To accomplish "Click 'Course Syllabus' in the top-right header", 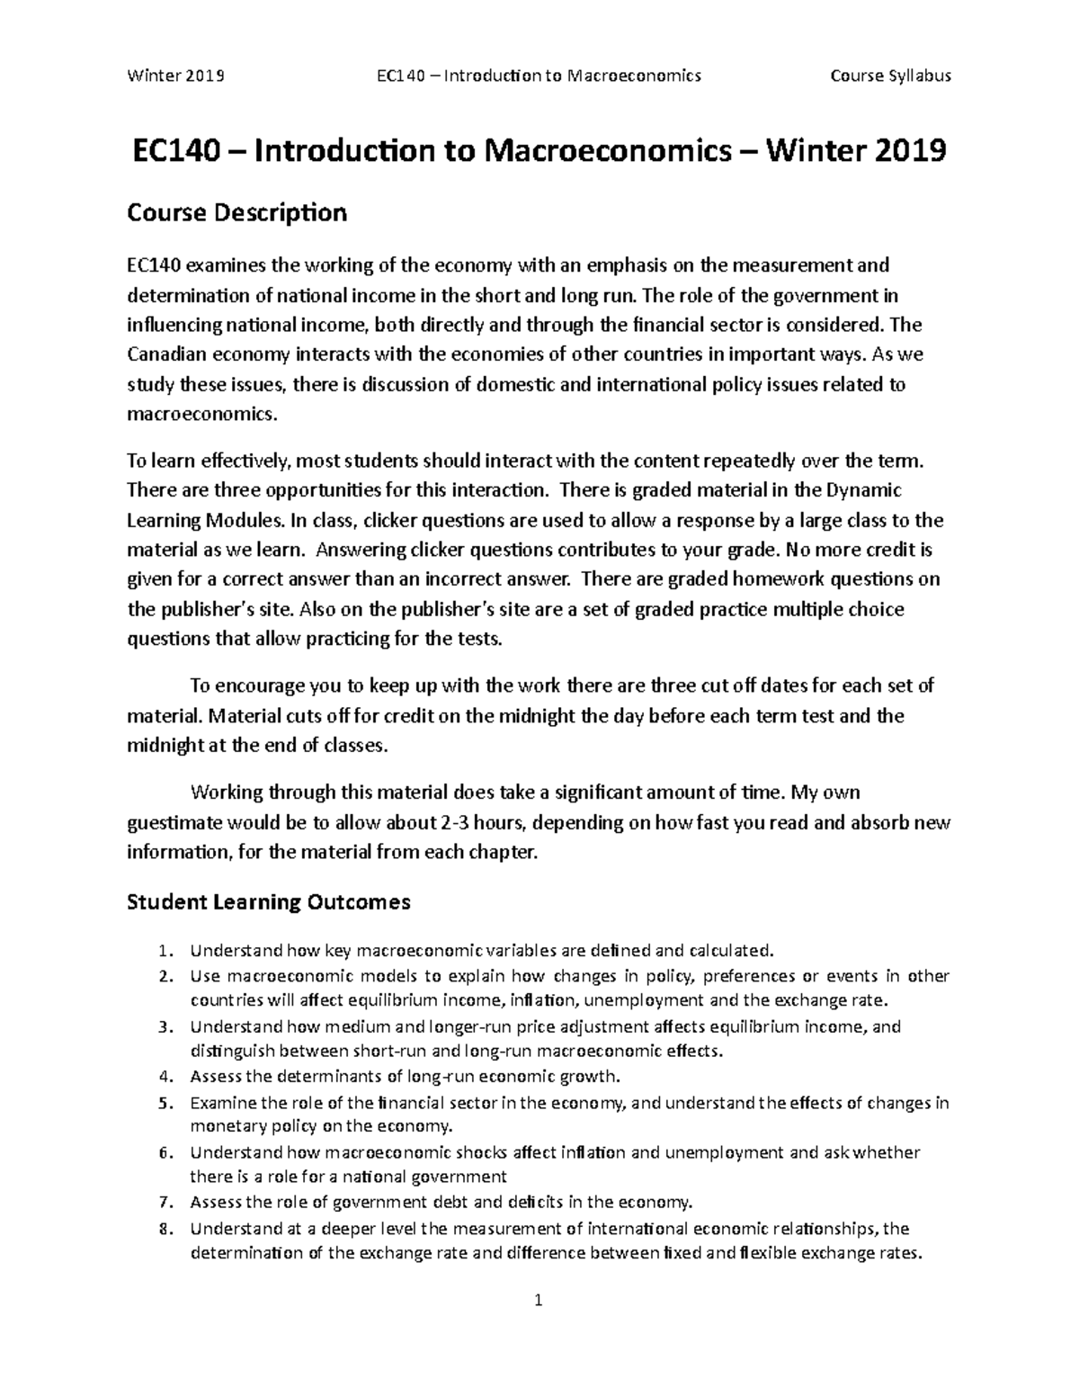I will click(x=890, y=76).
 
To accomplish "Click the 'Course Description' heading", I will click(x=236, y=212).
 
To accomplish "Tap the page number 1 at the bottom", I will click(x=539, y=1299).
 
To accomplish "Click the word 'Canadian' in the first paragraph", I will click(x=164, y=354).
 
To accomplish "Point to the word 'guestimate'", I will click(x=172, y=822).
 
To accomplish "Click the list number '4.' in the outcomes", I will click(x=164, y=1077).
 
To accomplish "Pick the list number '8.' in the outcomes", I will click(x=164, y=1229).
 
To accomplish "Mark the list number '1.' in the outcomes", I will click(x=164, y=951).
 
